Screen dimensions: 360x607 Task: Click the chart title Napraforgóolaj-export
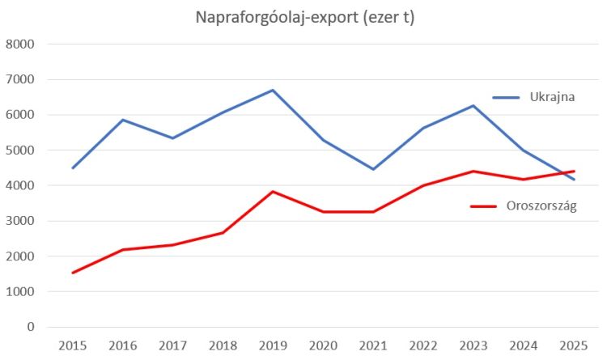304,17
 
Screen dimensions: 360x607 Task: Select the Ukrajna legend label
552,97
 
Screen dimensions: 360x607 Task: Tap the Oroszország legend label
541,206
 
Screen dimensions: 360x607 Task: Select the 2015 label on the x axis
73,346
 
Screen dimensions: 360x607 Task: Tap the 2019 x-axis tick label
274,346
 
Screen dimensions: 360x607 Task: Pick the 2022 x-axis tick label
423,346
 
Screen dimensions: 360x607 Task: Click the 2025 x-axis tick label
574,346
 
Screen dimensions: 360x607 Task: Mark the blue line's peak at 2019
274,90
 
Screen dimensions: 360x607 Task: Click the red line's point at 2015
73,273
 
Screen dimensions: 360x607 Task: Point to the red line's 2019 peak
274,192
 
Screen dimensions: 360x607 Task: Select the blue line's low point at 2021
373,169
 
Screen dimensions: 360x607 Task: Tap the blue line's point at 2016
123,120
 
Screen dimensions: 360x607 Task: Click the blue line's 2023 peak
473,106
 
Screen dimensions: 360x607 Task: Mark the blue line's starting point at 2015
73,168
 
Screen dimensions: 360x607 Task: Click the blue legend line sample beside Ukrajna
506,97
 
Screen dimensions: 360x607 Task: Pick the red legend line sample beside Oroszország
483,206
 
